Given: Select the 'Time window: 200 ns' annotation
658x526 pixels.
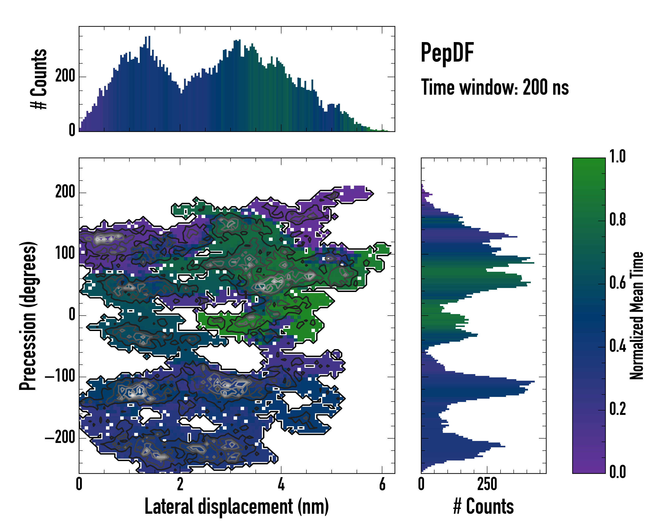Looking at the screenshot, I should (495, 87).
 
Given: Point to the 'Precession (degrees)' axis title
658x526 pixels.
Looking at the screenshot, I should (28, 316).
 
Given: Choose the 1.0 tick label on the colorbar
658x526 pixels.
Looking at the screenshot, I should (617, 156).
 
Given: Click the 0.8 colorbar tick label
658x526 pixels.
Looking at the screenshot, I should (617, 220).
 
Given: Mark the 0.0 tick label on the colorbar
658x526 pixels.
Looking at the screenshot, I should (617, 472).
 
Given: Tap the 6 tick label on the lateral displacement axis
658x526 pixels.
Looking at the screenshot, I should (382, 484).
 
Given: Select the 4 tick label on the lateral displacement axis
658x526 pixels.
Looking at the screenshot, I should (281, 484).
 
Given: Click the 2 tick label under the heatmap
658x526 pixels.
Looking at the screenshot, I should (180, 484).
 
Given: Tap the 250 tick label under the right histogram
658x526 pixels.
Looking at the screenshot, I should (487, 484).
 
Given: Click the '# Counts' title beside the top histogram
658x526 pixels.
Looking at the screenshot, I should (39, 79).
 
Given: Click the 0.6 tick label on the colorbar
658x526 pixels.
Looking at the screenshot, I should (617, 283).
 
